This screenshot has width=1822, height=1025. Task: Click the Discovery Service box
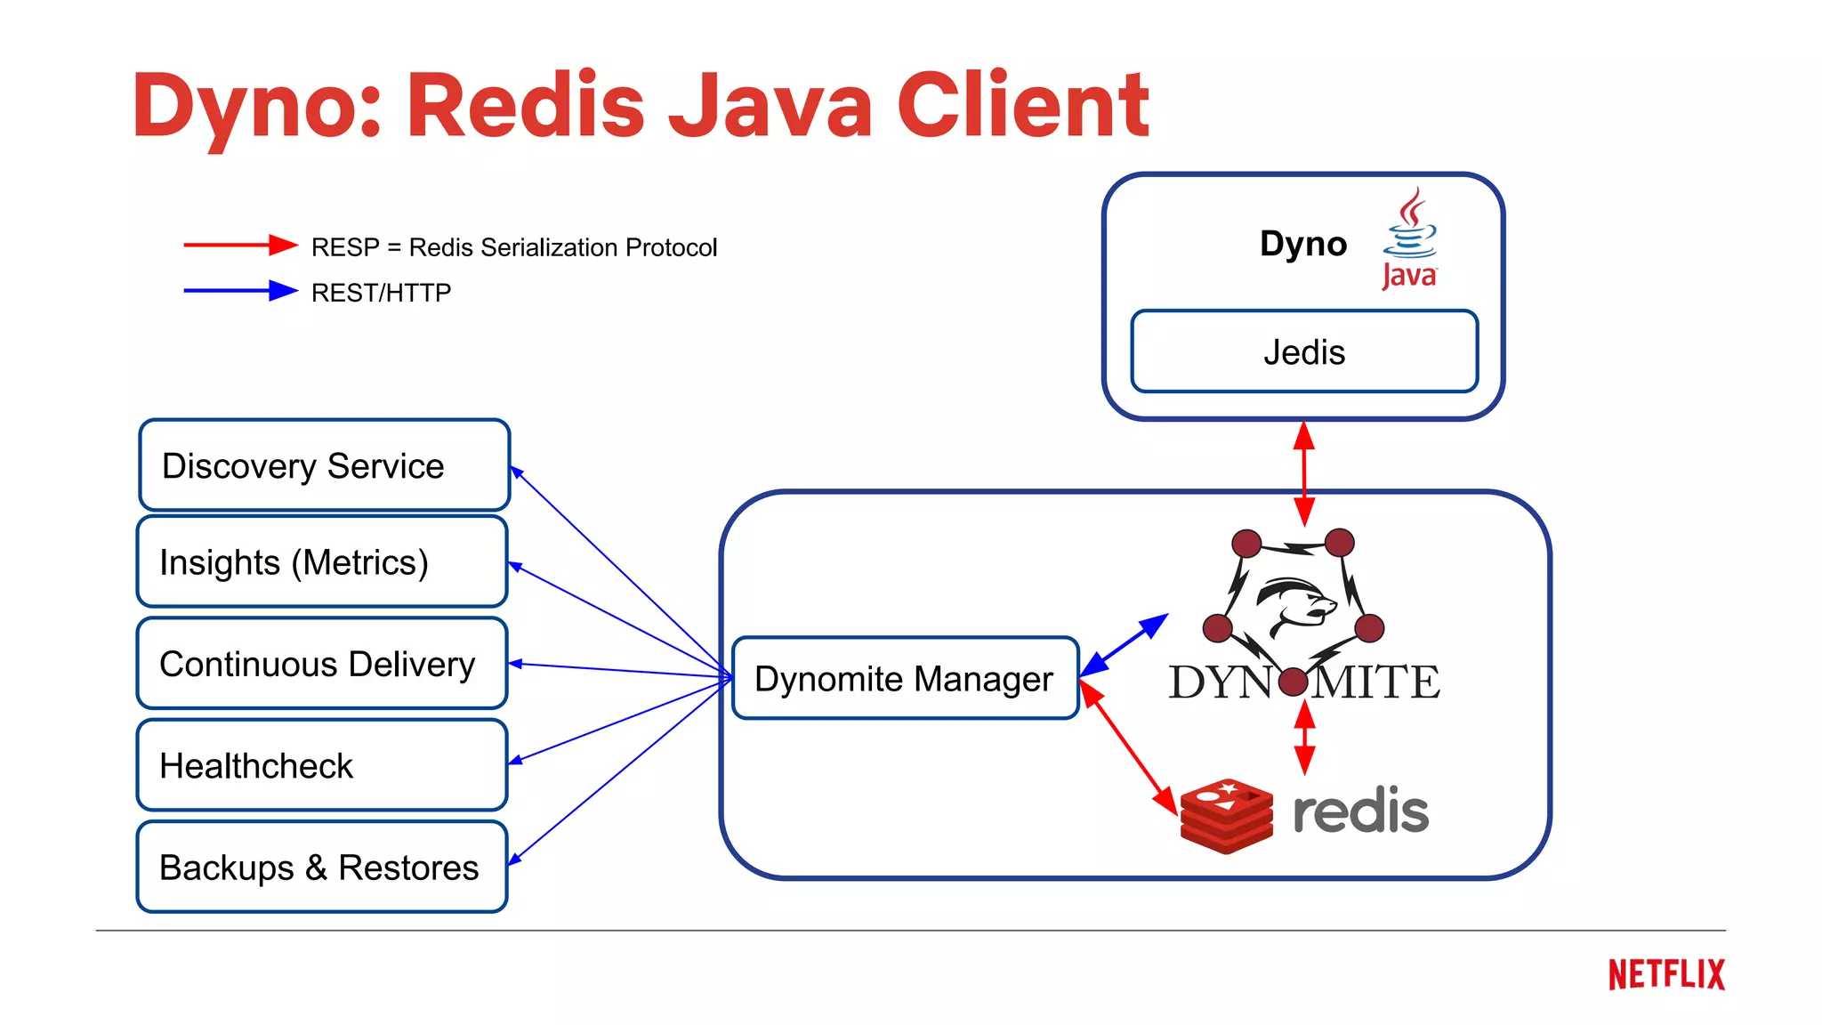tap(324, 465)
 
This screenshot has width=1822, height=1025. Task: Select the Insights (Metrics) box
tap(322, 562)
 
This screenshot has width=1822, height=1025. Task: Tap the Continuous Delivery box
tap(322, 664)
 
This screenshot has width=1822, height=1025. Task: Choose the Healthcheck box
tap(322, 765)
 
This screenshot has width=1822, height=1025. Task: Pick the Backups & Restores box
tap(322, 868)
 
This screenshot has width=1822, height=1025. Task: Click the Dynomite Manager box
tap(905, 679)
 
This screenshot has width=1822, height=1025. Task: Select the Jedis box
tap(1304, 352)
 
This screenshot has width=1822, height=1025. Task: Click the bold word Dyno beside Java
tap(1303, 244)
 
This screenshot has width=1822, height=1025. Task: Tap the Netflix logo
tap(1666, 975)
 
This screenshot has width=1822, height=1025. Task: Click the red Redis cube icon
tap(1226, 816)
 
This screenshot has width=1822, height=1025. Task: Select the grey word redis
tap(1360, 811)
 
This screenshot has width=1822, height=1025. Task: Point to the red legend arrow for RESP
tap(240, 245)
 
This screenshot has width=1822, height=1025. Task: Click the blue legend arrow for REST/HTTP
tap(240, 291)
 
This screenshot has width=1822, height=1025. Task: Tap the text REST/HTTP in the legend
tap(381, 293)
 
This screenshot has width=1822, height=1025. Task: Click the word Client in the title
tap(1023, 106)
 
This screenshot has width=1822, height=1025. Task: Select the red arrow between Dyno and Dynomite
tap(1304, 473)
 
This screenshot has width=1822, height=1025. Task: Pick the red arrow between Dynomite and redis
tap(1304, 738)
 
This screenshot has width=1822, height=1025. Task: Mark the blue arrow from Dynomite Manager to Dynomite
tap(1124, 644)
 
